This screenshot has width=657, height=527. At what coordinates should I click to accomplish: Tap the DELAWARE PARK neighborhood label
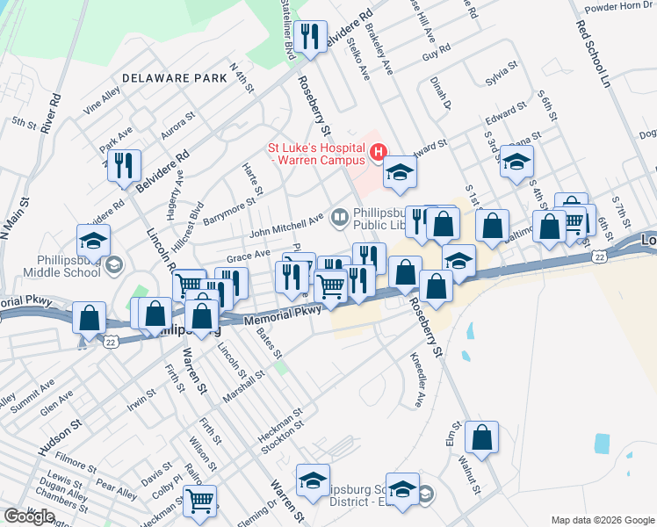click(175, 78)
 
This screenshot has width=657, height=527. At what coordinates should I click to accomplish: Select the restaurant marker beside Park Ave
click(124, 165)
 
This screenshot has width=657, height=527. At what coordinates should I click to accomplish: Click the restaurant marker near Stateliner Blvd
click(310, 37)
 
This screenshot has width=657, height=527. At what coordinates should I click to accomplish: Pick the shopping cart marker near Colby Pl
click(200, 501)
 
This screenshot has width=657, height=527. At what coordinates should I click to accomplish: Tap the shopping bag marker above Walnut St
click(482, 437)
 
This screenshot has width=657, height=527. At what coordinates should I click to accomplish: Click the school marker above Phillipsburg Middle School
click(93, 240)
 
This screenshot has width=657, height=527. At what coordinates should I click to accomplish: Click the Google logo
click(29, 516)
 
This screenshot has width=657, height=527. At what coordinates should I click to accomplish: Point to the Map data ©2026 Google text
click(603, 520)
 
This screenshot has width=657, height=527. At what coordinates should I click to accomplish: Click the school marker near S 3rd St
click(517, 162)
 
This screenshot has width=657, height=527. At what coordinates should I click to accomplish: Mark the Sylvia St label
click(498, 75)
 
